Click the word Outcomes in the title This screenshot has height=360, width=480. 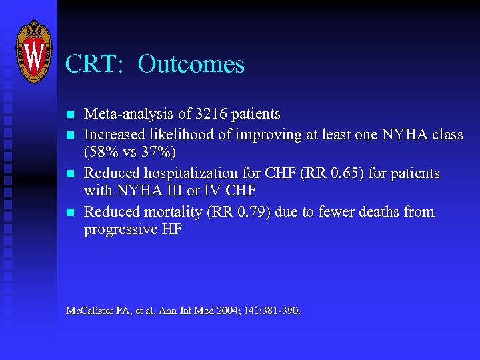click(x=191, y=65)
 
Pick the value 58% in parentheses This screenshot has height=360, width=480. click(x=105, y=153)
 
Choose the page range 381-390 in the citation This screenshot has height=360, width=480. click(x=280, y=311)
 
